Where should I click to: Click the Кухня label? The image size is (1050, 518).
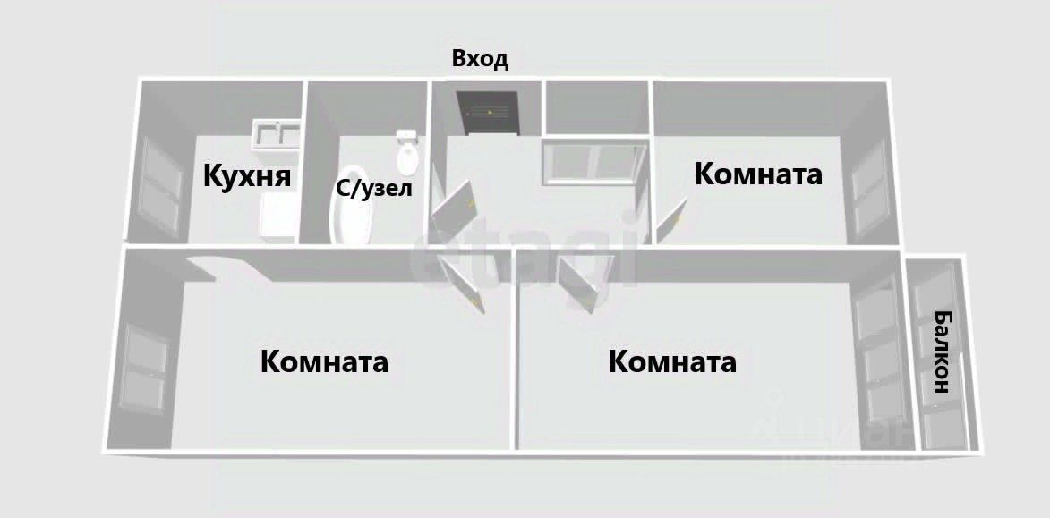tap(248, 175)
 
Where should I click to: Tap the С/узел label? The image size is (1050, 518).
tap(373, 189)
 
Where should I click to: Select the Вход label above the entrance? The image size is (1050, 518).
tap(480, 60)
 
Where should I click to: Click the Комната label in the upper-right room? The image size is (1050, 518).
tap(758, 174)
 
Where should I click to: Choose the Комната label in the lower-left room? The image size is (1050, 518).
tap(324, 362)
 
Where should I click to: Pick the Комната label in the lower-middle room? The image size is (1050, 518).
tap(672, 362)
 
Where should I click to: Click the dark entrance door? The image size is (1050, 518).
tap(488, 113)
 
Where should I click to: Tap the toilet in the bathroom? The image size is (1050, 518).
tap(408, 153)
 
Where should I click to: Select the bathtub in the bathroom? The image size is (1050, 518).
tap(351, 207)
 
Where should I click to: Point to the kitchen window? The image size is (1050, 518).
tap(161, 183)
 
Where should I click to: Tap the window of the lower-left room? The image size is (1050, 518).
tap(143, 368)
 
